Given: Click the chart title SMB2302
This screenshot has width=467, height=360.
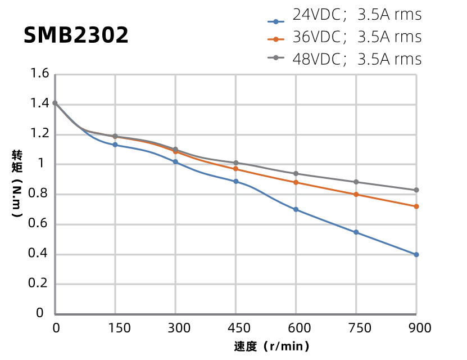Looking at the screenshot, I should [76, 35].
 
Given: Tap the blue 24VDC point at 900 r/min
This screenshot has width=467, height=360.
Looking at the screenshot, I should [416, 254].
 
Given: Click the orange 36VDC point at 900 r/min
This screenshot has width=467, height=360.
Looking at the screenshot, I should [416, 206].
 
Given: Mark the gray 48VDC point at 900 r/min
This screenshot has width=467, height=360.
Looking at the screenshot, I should [416, 190].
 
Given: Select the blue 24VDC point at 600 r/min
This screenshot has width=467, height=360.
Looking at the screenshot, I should [296, 209].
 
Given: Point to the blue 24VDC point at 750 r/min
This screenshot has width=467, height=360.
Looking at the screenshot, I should [356, 232].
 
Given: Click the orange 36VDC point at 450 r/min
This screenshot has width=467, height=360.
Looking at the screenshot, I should [236, 169].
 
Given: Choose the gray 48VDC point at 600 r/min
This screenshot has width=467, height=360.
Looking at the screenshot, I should [296, 173].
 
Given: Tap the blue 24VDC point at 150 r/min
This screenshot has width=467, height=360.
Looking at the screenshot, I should [115, 145].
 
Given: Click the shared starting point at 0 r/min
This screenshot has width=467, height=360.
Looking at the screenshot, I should [55, 103].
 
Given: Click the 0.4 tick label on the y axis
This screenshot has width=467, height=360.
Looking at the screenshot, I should [39, 254].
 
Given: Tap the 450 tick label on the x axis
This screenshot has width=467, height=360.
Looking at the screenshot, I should [236, 328].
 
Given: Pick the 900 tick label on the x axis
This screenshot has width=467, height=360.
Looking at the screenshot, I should [416, 328].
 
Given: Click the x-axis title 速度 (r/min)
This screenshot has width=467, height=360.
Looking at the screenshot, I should [271, 346].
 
